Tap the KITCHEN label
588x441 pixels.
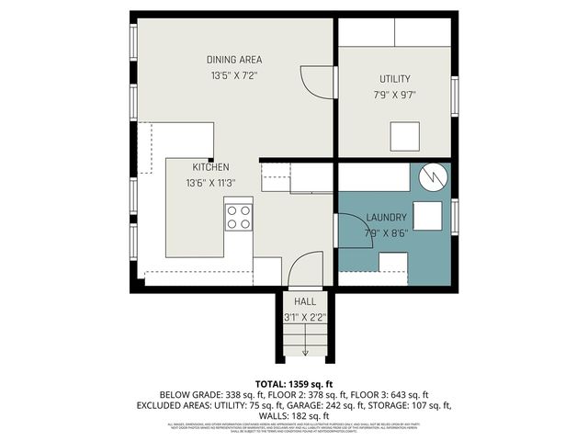click(x=210, y=167)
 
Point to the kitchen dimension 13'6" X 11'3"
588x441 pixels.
click(x=210, y=183)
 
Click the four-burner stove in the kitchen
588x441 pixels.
click(x=239, y=217)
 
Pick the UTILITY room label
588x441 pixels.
click(x=395, y=79)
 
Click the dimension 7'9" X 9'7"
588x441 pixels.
click(x=395, y=95)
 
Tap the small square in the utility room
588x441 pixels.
click(x=404, y=137)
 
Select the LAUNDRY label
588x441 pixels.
click(x=386, y=218)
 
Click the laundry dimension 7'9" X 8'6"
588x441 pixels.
click(x=386, y=232)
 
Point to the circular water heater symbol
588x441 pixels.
click(x=432, y=176)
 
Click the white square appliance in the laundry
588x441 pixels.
click(x=426, y=215)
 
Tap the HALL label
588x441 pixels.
click(x=305, y=301)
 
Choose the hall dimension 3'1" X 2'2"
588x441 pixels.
click(x=305, y=316)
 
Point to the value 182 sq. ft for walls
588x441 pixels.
click(x=318, y=415)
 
